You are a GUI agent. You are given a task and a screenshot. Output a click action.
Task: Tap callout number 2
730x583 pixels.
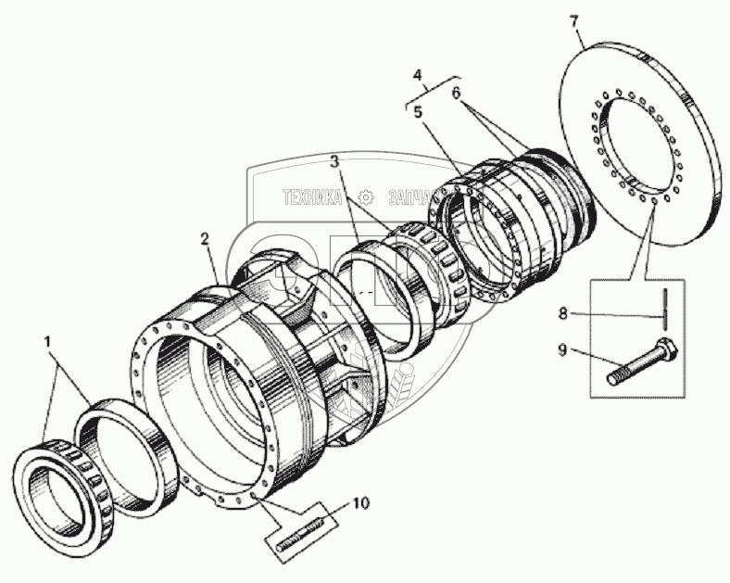pyautogui.click(x=205, y=239)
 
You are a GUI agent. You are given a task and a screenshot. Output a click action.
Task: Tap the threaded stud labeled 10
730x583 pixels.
pyautogui.click(x=296, y=538)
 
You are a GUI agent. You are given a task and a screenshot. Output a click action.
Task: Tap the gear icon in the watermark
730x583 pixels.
pyautogui.click(x=366, y=196)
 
